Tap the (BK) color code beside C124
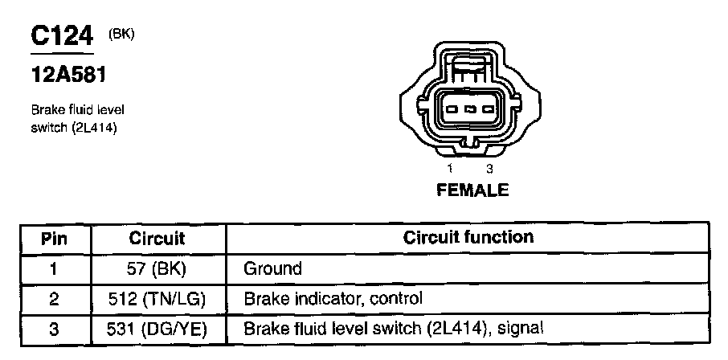(x=121, y=34)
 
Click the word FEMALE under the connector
(x=472, y=190)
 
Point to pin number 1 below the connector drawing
(x=451, y=169)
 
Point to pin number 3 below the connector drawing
(x=489, y=169)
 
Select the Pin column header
(x=55, y=239)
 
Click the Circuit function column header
(x=468, y=238)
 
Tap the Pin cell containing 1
(x=55, y=268)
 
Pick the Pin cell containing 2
(x=55, y=299)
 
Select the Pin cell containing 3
(x=55, y=329)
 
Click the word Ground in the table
(x=272, y=268)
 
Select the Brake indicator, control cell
(x=333, y=299)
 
